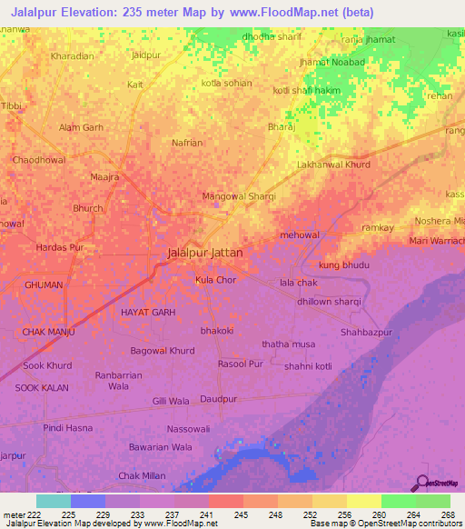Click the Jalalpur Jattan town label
pos(204,253)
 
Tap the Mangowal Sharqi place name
pos(238,195)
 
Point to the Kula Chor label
pos(216,280)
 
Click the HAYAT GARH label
pos(147,312)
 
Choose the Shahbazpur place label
pos(366,333)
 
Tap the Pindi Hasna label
pos(67,427)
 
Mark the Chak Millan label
pos(142,476)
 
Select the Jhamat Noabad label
pos(331,62)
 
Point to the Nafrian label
pos(187,143)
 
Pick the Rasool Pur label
pos(240,364)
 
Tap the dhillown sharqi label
pos(329,302)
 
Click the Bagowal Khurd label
pos(163,350)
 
